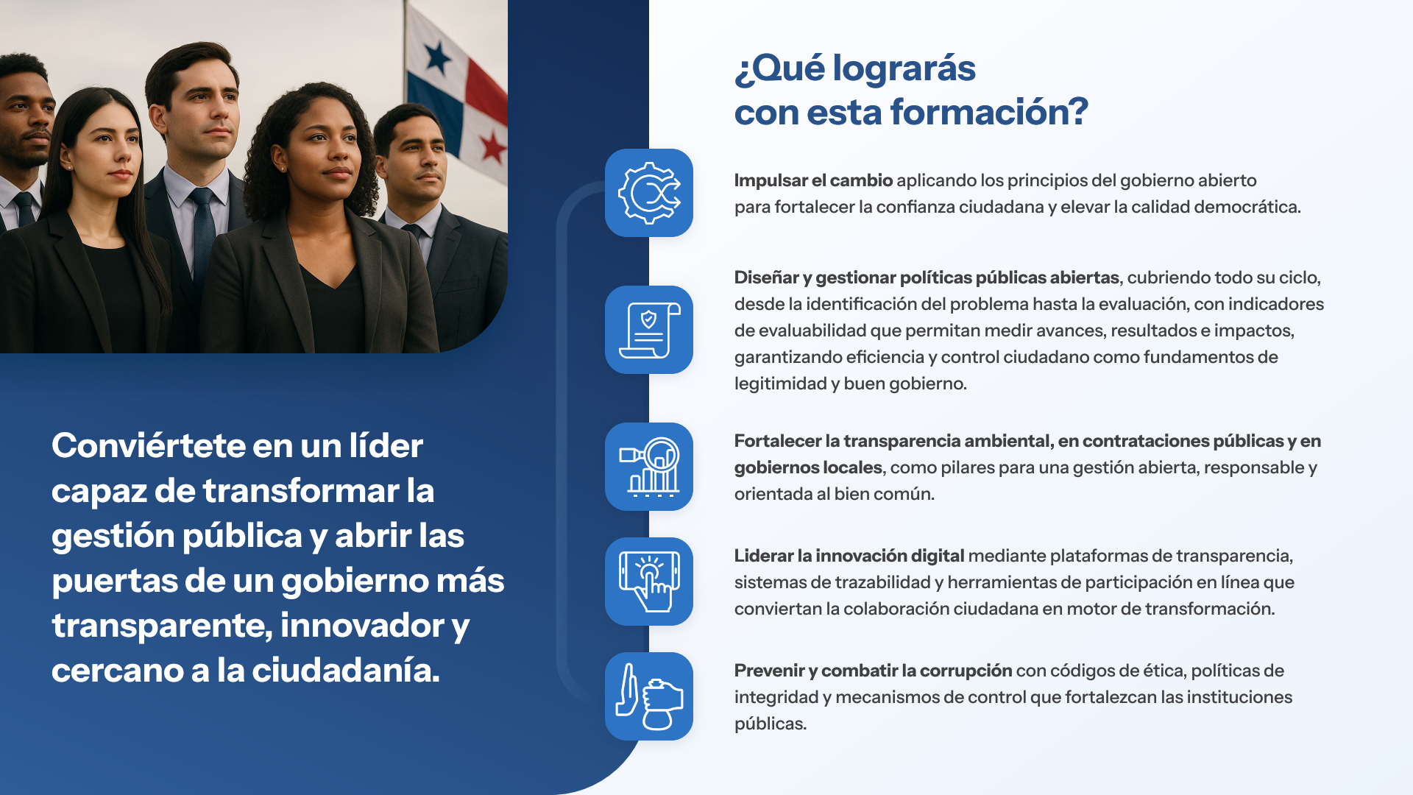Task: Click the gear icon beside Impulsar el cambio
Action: (648, 193)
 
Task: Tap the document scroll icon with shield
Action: (648, 330)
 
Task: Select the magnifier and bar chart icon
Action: (648, 467)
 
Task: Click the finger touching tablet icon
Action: (648, 582)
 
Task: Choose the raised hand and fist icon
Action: (648, 696)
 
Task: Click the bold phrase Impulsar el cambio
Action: (812, 180)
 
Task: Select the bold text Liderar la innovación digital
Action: (849, 556)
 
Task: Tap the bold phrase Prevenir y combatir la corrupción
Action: (873, 671)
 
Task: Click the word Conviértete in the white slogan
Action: (148, 445)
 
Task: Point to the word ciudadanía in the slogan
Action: (345, 671)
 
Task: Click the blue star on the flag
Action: (437, 57)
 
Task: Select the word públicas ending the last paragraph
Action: (770, 724)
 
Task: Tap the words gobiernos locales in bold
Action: (807, 467)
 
